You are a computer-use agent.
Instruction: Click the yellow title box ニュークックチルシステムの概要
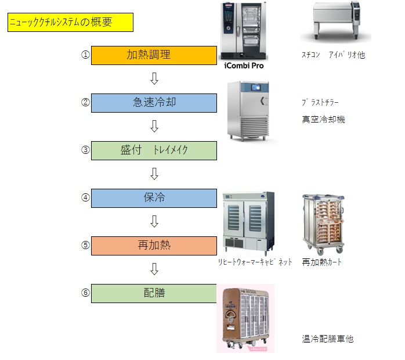click(x=70, y=23)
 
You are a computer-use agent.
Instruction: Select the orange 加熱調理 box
click(x=154, y=55)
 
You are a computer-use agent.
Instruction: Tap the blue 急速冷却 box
click(x=154, y=103)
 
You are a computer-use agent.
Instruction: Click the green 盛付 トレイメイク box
click(x=154, y=150)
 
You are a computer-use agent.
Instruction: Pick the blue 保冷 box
click(x=154, y=198)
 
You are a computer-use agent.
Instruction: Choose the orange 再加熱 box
click(x=154, y=245)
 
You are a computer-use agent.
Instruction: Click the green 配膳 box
click(x=154, y=293)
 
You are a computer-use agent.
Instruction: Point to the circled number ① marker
click(x=85, y=55)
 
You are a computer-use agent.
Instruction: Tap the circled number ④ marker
click(x=85, y=197)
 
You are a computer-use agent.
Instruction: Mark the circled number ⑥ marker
click(x=85, y=293)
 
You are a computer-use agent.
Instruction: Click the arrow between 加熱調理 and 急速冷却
click(x=154, y=79)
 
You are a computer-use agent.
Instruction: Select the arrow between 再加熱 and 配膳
click(x=154, y=269)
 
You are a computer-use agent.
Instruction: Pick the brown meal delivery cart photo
click(x=245, y=318)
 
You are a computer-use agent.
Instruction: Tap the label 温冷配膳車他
click(x=327, y=339)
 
